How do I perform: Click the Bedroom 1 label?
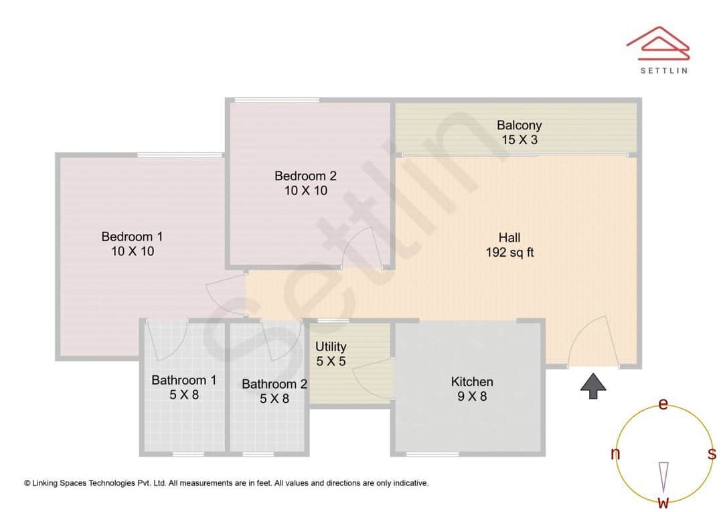click(x=132, y=237)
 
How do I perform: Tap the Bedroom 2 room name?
click(x=305, y=176)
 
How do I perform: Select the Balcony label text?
click(x=519, y=125)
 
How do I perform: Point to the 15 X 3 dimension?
click(x=519, y=140)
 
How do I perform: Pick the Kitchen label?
click(x=472, y=382)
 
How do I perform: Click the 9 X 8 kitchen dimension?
click(x=472, y=397)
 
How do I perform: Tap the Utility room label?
click(x=331, y=346)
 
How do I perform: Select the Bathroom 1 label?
click(x=183, y=381)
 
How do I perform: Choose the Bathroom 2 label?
click(x=274, y=384)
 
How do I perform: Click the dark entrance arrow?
click(x=592, y=387)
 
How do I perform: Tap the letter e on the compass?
click(x=663, y=404)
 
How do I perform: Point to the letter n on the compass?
click(x=615, y=454)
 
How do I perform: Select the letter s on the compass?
click(x=712, y=454)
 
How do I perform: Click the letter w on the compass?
click(x=663, y=503)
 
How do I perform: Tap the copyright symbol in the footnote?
click(x=27, y=483)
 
